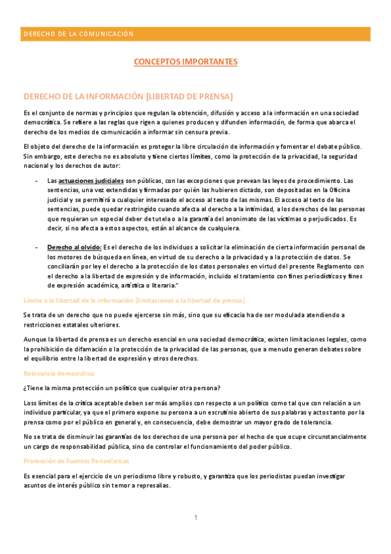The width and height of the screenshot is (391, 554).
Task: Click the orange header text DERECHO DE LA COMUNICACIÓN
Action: [x=78, y=34]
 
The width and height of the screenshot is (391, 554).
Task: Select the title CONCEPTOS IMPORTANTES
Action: [x=185, y=62]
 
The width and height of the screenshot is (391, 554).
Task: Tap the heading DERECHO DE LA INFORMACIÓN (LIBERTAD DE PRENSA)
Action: [x=128, y=96]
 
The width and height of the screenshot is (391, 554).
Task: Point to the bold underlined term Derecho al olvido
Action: [x=74, y=247]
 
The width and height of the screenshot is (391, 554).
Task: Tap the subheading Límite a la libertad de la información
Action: [x=133, y=300]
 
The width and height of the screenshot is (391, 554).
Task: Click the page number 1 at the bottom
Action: [x=195, y=518]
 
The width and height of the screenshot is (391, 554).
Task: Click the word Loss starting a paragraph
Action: [x=30, y=402]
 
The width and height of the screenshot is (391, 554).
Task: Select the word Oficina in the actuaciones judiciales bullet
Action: [x=355, y=190]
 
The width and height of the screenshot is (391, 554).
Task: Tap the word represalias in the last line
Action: [x=153, y=485]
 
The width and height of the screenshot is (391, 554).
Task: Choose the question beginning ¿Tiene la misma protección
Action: [x=121, y=387]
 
